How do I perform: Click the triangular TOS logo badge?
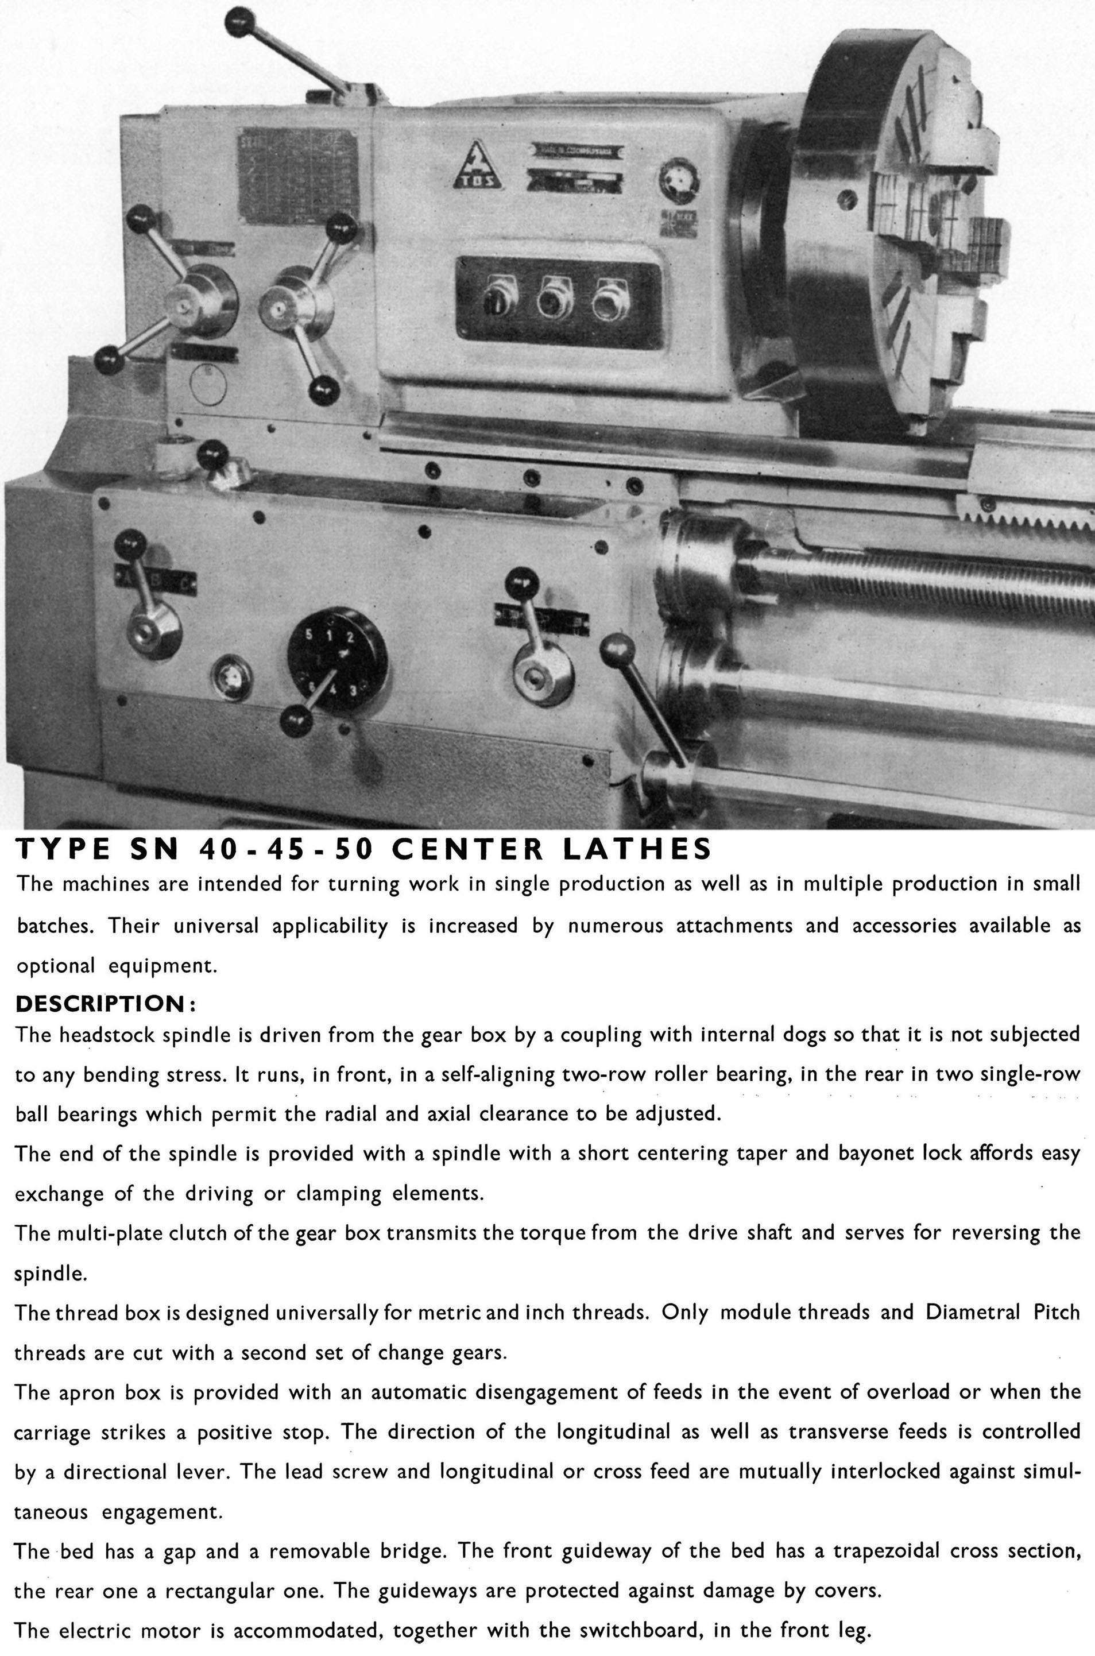click(x=477, y=168)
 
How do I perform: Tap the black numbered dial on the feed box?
click(x=336, y=660)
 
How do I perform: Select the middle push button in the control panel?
click(x=555, y=299)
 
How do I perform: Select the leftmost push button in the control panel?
click(x=501, y=298)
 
